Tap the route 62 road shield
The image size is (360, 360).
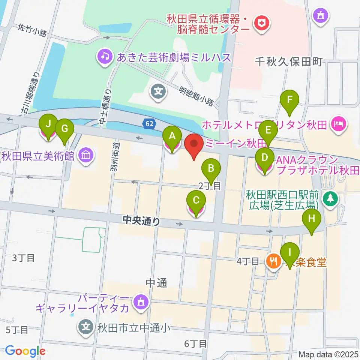[x=149, y=123]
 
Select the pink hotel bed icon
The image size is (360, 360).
[x=339, y=123]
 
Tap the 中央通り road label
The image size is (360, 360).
[x=141, y=221]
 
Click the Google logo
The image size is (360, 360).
[x=25, y=351]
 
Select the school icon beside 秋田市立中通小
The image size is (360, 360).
[x=86, y=327]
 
